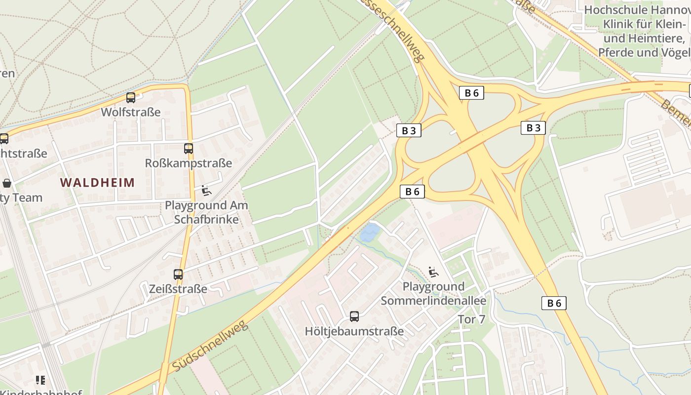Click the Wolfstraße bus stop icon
[x=130, y=98]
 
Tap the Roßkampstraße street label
[x=188, y=163]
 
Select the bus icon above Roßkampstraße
[x=188, y=148]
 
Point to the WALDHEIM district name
[x=98, y=183]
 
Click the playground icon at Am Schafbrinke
[x=206, y=191]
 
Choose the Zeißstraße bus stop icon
[x=178, y=275]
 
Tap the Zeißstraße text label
[x=178, y=289]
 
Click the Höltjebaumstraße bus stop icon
[x=354, y=316]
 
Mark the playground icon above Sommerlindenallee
[x=433, y=272]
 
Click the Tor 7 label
[x=471, y=319]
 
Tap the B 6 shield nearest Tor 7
[x=554, y=303]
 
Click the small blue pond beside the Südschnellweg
[x=370, y=233]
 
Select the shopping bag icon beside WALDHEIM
[x=7, y=183]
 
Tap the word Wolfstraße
[x=131, y=112]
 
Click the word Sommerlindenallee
[x=433, y=301]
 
